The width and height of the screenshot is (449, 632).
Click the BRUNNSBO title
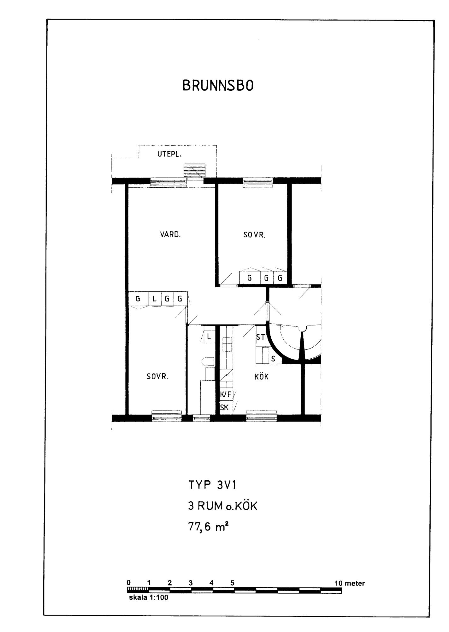click(x=218, y=86)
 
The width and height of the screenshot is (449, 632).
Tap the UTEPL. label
click(x=170, y=154)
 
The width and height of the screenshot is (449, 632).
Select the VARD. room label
click(x=170, y=235)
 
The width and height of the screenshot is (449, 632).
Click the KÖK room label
click(x=262, y=376)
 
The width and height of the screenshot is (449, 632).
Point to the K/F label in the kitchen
click(x=226, y=394)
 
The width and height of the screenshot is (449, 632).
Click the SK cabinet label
click(x=224, y=408)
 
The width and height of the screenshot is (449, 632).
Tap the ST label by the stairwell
click(x=260, y=337)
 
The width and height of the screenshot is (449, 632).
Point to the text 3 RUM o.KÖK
click(x=223, y=506)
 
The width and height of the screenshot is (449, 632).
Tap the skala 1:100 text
click(x=149, y=598)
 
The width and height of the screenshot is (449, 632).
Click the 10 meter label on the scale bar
click(x=350, y=583)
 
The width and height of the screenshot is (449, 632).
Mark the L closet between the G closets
click(x=155, y=299)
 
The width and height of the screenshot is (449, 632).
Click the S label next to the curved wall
click(x=273, y=359)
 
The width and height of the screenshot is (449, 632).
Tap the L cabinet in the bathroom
click(x=209, y=337)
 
